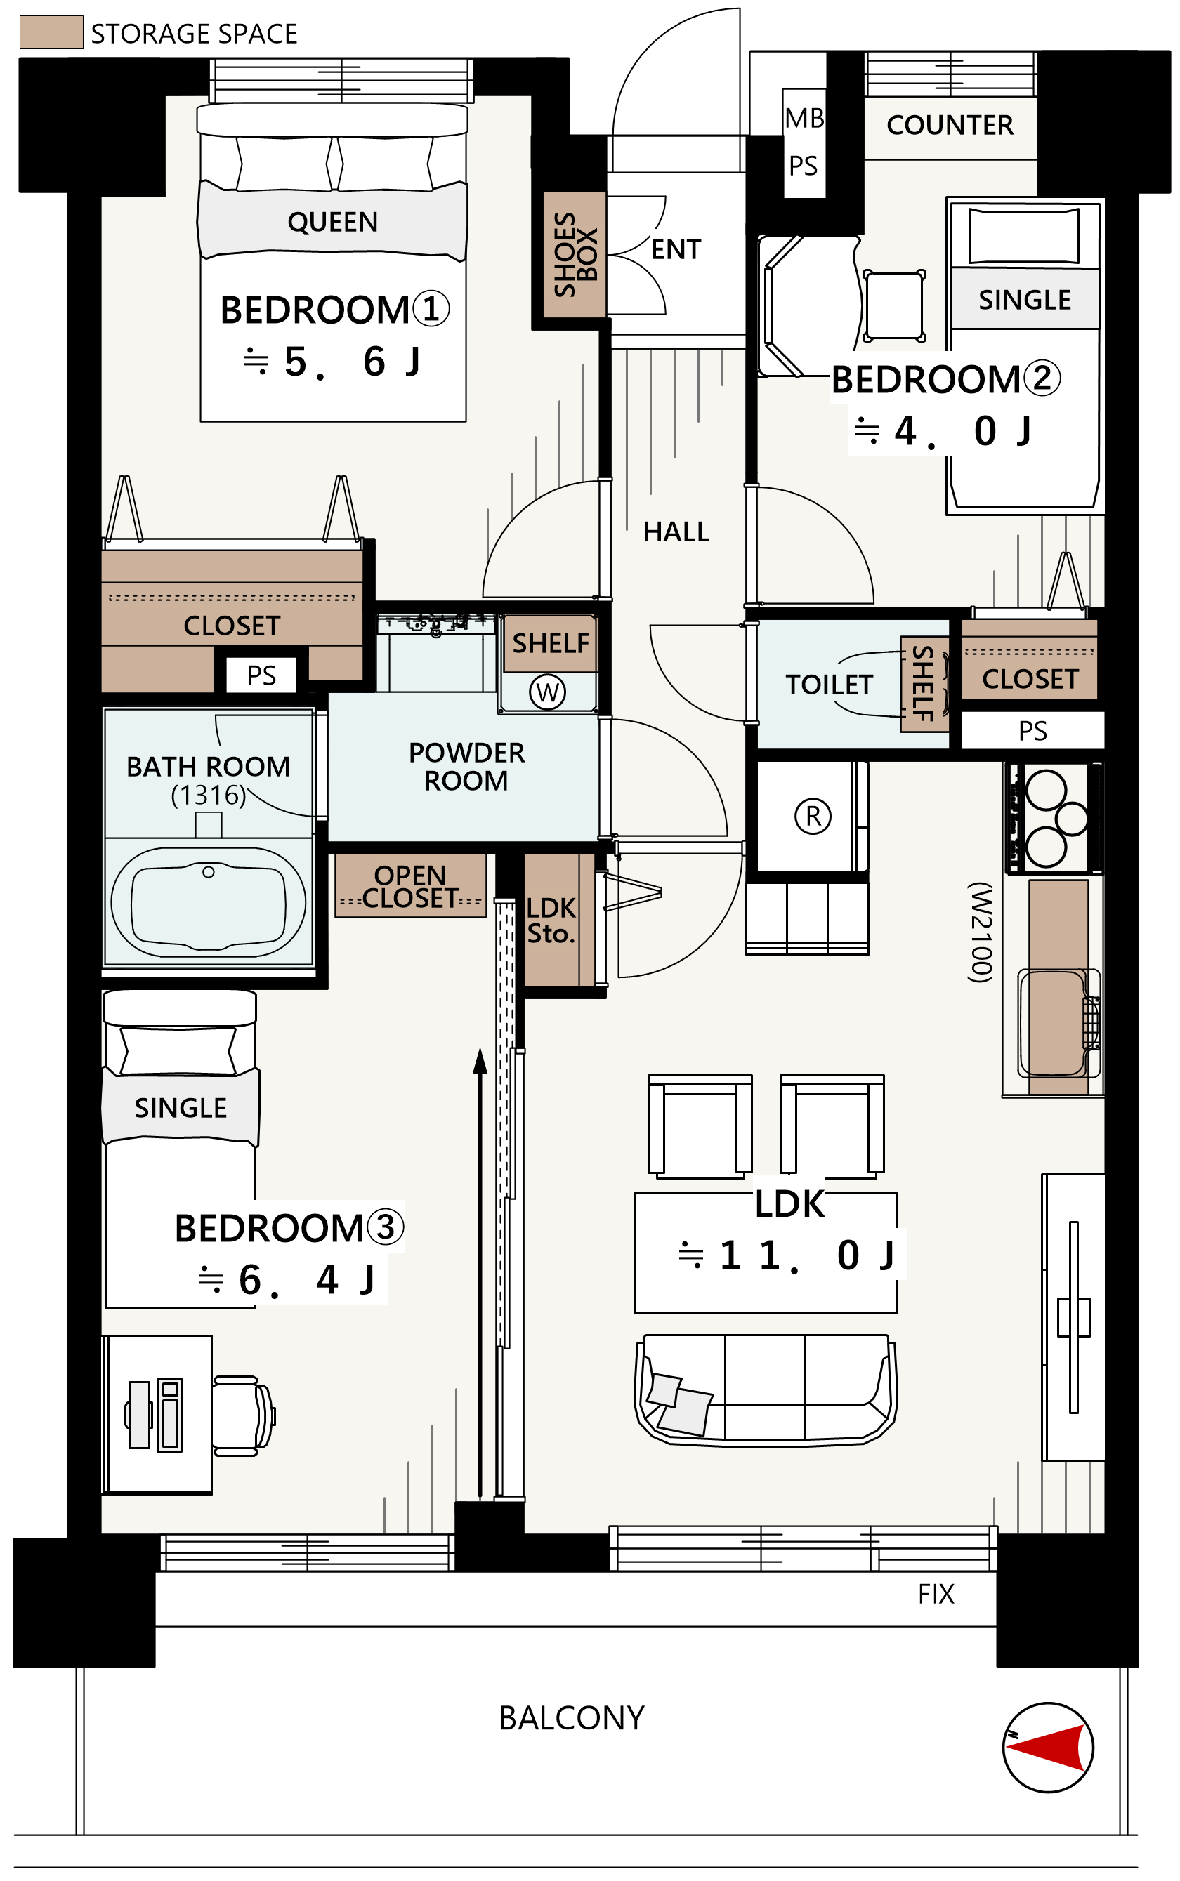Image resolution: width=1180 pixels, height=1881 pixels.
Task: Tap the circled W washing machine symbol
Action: pyautogui.click(x=547, y=692)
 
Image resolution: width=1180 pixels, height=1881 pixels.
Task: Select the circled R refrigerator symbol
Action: pyautogui.click(x=813, y=816)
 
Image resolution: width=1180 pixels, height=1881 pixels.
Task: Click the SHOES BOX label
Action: pyautogui.click(x=575, y=254)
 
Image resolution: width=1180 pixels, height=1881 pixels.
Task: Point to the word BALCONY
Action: pyautogui.click(x=571, y=1717)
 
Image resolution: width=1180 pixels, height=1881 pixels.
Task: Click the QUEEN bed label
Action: pyautogui.click(x=332, y=223)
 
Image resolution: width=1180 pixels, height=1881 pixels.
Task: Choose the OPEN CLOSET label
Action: pyautogui.click(x=410, y=886)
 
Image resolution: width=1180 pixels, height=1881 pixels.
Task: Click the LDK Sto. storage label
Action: pyautogui.click(x=551, y=920)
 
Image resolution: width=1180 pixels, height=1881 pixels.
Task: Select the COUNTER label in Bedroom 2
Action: pyautogui.click(x=950, y=125)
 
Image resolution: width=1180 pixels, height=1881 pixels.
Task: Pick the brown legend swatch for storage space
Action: pyautogui.click(x=51, y=32)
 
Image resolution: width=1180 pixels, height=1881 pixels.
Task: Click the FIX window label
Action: pyautogui.click(x=936, y=1593)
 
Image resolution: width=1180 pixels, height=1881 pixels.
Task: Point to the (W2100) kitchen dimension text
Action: pyautogui.click(x=981, y=932)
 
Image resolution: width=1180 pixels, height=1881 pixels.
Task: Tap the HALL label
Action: pyautogui.click(x=676, y=532)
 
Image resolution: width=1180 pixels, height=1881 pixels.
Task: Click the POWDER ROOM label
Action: pyautogui.click(x=466, y=766)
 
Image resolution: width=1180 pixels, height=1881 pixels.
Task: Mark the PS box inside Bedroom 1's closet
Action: pyautogui.click(x=261, y=675)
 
